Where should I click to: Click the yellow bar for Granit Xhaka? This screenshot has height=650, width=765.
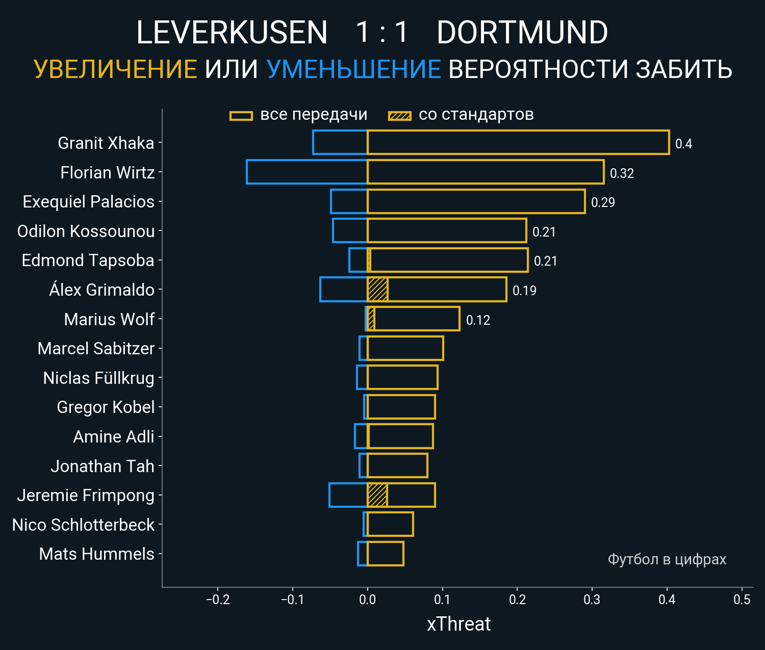(518, 142)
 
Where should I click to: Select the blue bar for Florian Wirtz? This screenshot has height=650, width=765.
(307, 172)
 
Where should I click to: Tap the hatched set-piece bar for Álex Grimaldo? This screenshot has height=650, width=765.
(377, 290)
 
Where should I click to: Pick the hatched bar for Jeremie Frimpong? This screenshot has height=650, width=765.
(377, 495)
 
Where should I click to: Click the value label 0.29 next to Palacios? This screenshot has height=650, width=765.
(603, 202)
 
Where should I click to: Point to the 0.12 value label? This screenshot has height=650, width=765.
(478, 320)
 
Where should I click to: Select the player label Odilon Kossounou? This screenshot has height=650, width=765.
(86, 231)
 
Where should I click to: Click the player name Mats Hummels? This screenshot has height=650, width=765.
(96, 554)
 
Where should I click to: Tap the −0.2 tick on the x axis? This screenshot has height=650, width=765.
(218, 600)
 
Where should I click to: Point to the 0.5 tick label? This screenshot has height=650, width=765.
(742, 600)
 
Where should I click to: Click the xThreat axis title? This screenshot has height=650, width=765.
(458, 624)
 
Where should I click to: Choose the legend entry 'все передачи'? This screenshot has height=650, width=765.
(314, 115)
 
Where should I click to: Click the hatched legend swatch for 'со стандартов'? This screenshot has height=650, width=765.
(399, 116)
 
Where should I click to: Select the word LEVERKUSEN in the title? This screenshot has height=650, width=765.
(232, 33)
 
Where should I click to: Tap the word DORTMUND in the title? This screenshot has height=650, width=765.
(522, 33)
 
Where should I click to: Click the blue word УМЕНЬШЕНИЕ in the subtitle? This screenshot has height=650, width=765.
(353, 69)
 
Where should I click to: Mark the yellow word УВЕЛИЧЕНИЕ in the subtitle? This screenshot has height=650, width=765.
(115, 69)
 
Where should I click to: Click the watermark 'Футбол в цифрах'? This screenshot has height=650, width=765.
(667, 559)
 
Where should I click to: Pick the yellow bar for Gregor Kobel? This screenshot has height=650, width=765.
(401, 407)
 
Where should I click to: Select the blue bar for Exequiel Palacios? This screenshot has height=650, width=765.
(349, 201)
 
